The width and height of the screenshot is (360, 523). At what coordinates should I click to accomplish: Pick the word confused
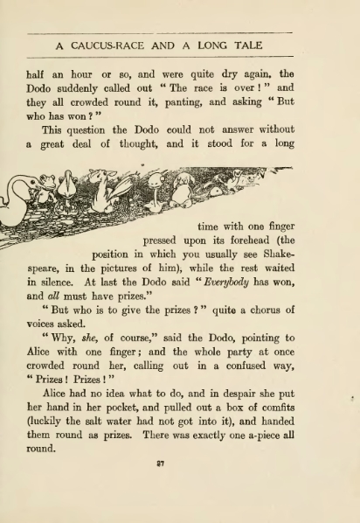[x=239, y=366]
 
